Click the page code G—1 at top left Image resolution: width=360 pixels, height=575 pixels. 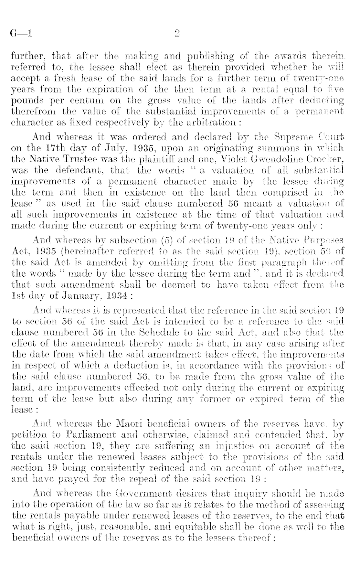coord(21,34)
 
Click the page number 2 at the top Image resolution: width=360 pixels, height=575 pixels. coord(176,34)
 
